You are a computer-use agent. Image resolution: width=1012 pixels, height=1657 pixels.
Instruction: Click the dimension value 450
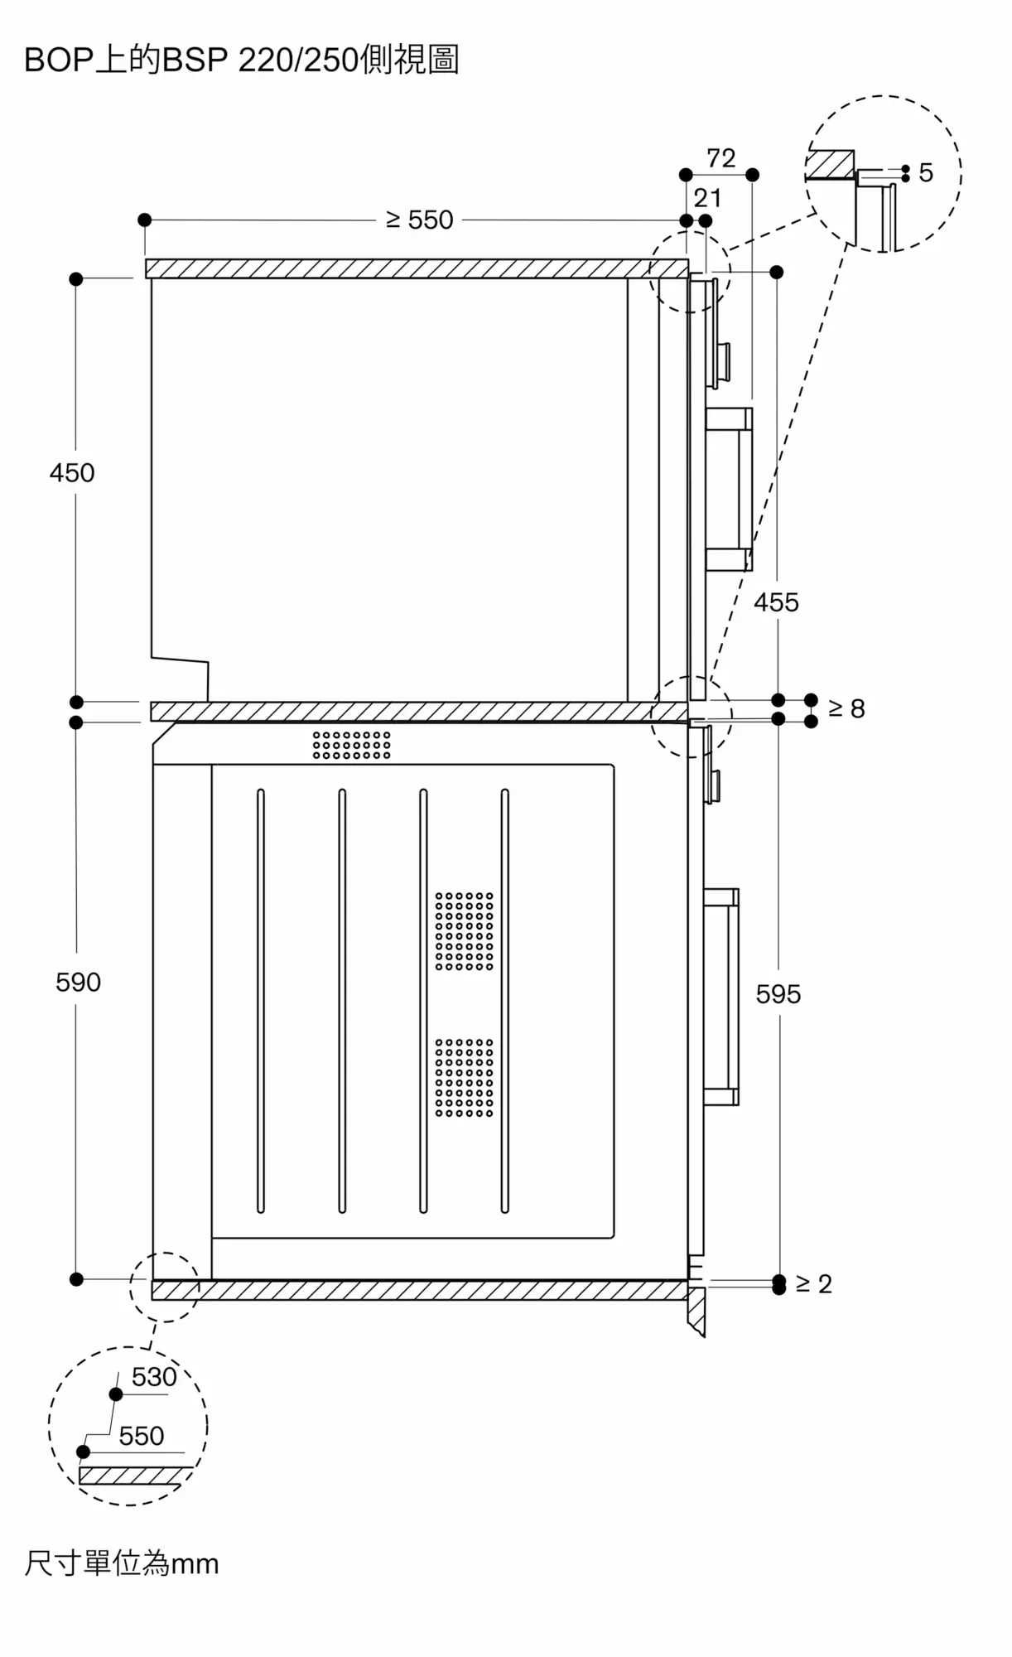point(72,473)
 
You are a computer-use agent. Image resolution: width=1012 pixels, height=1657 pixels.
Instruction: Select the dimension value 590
point(78,983)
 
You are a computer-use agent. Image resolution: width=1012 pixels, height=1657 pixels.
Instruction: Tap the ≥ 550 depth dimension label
point(420,220)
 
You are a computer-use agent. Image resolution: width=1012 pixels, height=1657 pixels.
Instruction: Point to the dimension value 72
point(720,158)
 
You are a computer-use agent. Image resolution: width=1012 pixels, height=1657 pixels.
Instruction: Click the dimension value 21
point(707,198)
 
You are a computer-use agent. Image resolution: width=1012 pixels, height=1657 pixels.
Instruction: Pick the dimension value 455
point(776,602)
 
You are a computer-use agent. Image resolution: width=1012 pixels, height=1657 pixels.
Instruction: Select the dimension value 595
point(778,994)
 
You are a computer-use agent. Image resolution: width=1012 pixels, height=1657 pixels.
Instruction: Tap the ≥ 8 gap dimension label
point(846,708)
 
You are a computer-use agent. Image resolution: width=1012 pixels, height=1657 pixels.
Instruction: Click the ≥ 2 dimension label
point(813,1283)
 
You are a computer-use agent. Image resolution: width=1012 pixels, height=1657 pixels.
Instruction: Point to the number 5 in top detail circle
point(926,173)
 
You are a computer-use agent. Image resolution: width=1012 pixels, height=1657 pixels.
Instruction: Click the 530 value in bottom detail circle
point(154,1377)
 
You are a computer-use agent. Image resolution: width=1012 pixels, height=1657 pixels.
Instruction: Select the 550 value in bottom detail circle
point(141,1436)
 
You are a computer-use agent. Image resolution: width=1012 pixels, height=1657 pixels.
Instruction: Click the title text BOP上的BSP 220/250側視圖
point(241,60)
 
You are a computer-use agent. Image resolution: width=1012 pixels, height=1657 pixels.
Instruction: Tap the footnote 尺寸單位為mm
point(122,1564)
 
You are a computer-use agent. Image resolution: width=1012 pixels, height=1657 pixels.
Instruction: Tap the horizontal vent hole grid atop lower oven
point(351,745)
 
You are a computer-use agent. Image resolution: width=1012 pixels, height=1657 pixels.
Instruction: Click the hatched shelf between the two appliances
point(419,712)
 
